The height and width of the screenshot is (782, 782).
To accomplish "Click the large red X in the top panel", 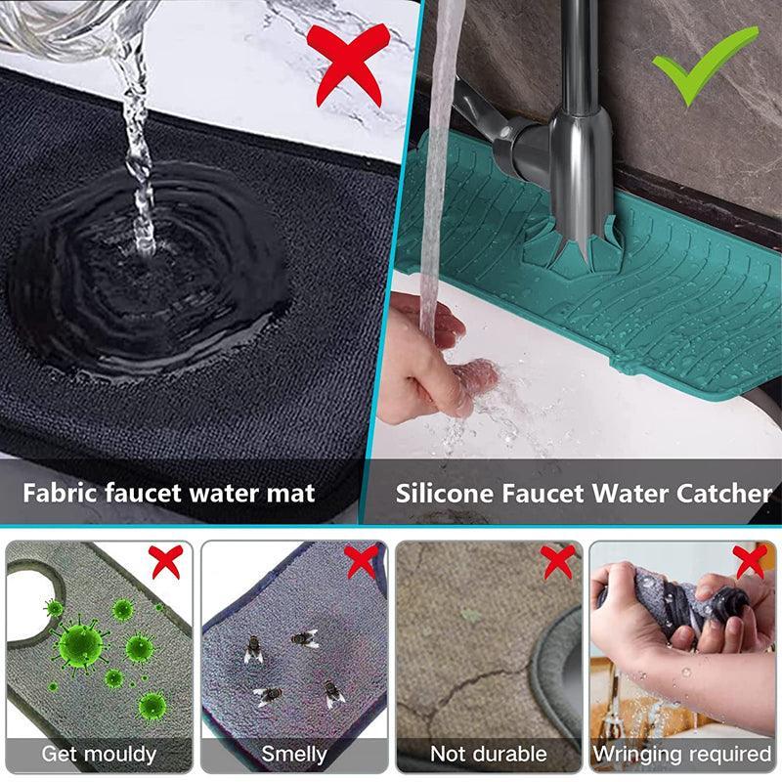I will point(348,64).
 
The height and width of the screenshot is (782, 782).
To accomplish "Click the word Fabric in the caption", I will point(60,492).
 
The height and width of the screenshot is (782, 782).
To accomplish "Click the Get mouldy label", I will point(99,754).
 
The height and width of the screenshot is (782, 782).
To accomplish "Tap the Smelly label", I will point(293,754).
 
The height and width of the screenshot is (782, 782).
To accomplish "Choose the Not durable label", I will point(488,754).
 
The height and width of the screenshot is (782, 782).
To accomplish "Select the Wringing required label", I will point(682,754).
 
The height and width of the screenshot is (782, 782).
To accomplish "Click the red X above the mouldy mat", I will point(165,561).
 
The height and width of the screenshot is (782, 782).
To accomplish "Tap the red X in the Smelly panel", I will point(361,561).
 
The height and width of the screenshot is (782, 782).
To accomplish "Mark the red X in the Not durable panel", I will point(557,561).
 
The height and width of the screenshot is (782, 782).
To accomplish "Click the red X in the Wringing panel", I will point(750,561).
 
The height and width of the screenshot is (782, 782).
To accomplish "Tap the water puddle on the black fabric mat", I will point(147,283).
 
